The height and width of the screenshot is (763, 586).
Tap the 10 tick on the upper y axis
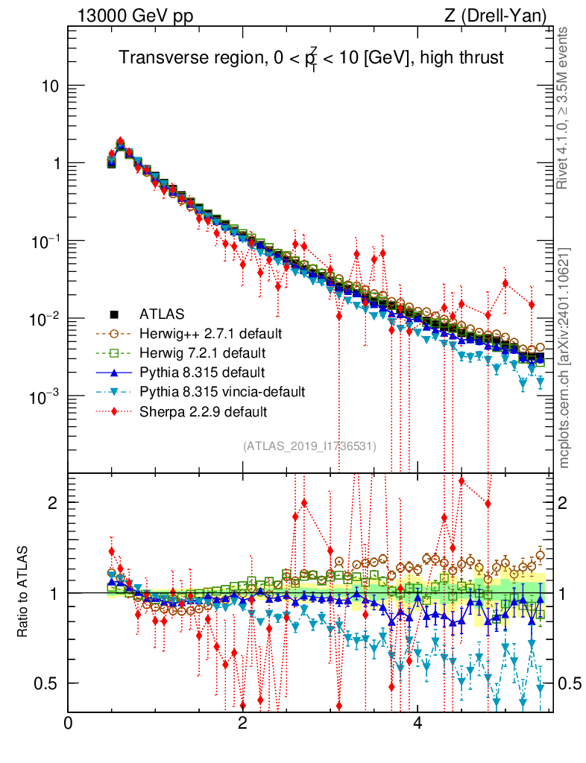click(50, 86)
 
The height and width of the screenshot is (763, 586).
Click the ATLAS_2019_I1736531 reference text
click(309, 446)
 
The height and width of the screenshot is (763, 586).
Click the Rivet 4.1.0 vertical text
click(564, 109)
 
